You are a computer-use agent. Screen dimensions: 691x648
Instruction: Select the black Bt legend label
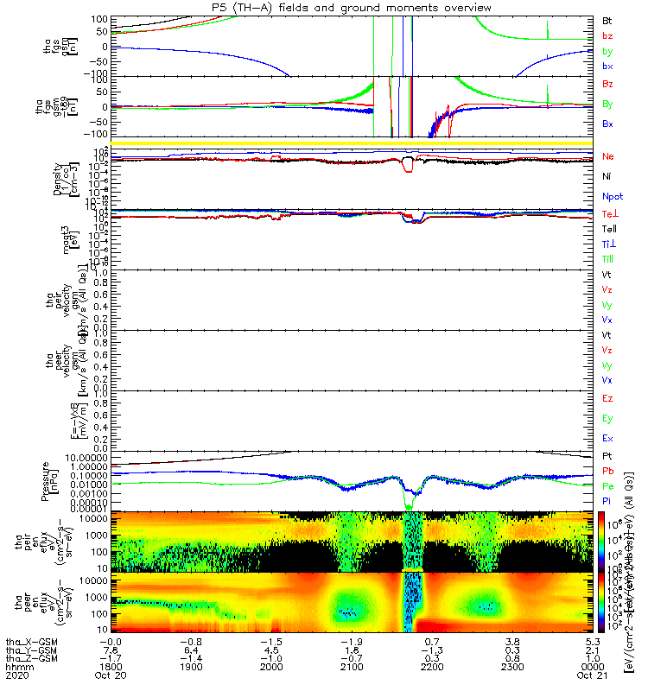[x=607, y=19]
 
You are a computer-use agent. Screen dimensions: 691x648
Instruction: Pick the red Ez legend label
[x=607, y=399]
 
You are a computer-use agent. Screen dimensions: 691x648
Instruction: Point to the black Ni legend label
[x=607, y=176]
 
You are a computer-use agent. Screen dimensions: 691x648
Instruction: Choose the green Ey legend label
[x=607, y=419]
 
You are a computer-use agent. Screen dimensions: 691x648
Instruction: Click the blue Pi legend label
[x=607, y=501]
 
